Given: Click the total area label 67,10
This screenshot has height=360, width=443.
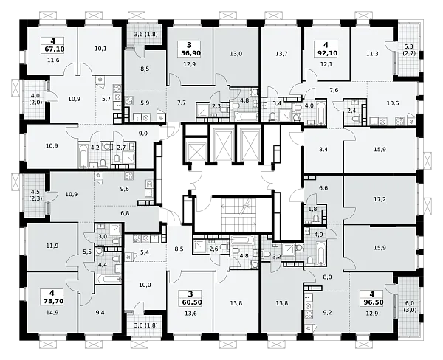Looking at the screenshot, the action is [x=54, y=49].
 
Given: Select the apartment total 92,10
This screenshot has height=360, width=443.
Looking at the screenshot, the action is [x=327, y=53].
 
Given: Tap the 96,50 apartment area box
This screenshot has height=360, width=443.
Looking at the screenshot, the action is [x=373, y=302].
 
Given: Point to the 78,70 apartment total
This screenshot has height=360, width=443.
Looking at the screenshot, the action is [x=52, y=301].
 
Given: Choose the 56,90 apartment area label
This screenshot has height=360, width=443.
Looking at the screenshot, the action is [x=189, y=53].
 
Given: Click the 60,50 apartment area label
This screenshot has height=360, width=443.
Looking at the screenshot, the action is [x=190, y=302].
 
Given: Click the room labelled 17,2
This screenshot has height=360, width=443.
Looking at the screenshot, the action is [x=380, y=199].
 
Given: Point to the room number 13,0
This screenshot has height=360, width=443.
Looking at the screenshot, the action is [x=236, y=54].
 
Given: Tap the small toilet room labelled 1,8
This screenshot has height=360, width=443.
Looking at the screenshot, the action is [x=312, y=209].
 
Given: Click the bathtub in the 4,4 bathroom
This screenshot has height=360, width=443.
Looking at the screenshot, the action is [x=109, y=279].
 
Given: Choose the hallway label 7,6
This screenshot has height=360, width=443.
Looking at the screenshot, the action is [x=334, y=90].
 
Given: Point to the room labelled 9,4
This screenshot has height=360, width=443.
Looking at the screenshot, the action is [x=100, y=312].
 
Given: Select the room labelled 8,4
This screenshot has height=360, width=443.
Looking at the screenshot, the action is [x=323, y=149].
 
